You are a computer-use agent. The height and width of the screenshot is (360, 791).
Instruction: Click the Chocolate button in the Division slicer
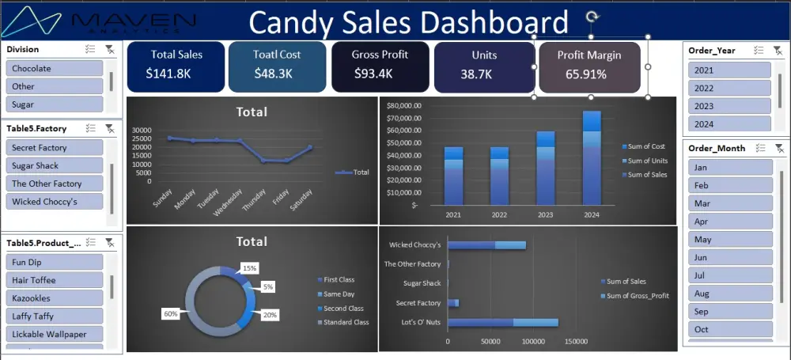tap(55, 69)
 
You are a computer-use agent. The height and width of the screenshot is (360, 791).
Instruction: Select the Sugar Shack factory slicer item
tap(55, 166)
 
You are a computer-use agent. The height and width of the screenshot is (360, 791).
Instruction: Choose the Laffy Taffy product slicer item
tap(55, 316)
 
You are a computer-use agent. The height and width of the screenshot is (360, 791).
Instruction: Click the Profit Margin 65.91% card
tap(589, 66)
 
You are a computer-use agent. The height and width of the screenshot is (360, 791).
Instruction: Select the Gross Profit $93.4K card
tap(380, 66)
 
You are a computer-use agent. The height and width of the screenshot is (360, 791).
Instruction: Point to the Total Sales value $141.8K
tap(168, 74)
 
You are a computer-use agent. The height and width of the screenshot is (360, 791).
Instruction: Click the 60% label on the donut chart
tap(171, 313)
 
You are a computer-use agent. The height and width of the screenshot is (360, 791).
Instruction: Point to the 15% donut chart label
tap(249, 268)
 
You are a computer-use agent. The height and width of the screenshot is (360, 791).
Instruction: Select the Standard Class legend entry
tap(346, 322)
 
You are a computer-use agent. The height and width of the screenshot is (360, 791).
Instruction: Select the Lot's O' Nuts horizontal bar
tap(502, 323)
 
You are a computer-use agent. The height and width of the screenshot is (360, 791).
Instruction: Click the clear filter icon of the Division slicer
tap(110, 50)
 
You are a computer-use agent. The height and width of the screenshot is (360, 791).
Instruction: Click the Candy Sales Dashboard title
tap(408, 22)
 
